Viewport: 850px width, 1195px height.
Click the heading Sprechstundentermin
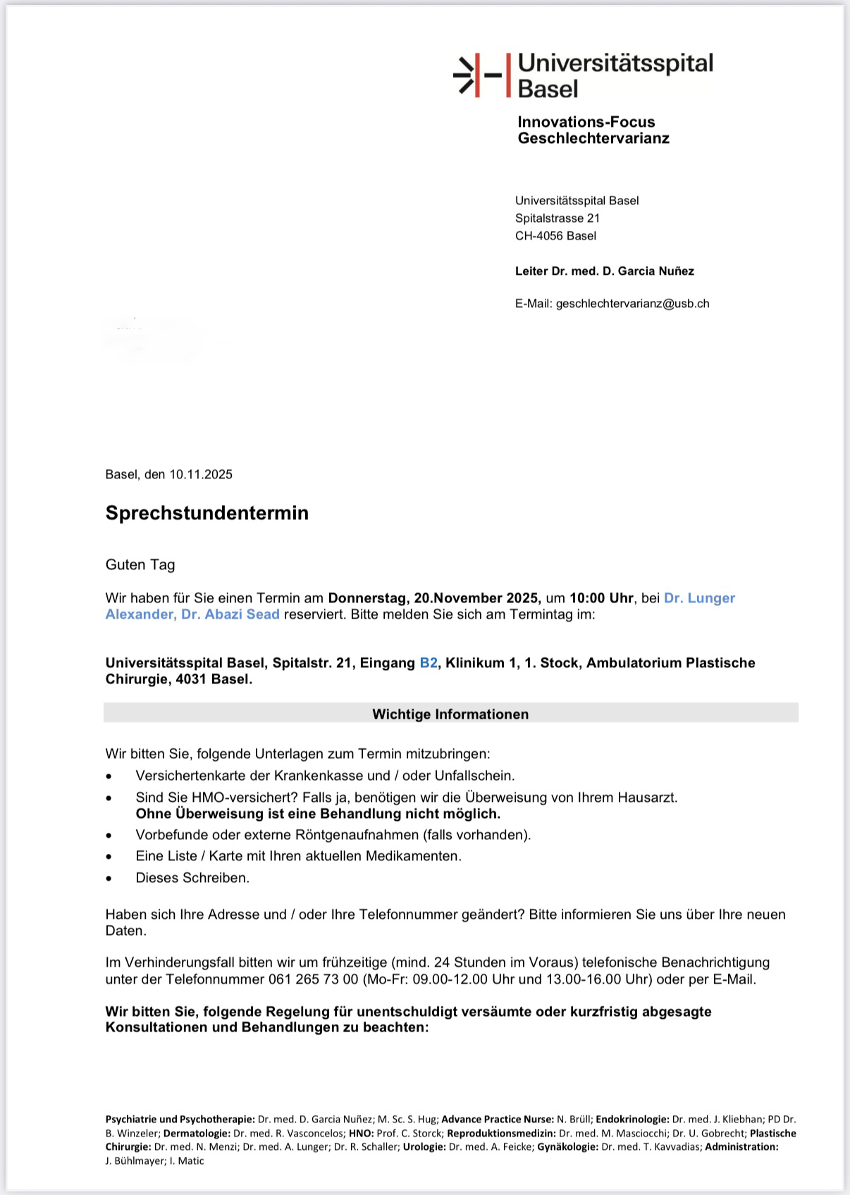click(207, 513)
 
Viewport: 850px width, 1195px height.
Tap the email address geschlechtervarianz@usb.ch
click(632, 304)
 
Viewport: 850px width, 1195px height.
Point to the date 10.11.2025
click(201, 474)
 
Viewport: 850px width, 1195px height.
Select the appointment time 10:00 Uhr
click(601, 598)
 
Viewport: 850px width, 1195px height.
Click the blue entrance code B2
click(429, 663)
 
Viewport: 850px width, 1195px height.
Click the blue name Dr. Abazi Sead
click(230, 614)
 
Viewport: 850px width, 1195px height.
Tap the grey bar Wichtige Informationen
click(450, 714)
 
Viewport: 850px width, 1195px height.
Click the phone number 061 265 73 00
click(313, 979)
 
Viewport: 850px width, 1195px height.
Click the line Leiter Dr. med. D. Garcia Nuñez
click(604, 271)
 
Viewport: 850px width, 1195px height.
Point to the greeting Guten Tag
click(140, 564)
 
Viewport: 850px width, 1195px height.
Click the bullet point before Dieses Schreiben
click(109, 879)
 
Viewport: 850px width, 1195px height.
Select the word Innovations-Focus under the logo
click(586, 122)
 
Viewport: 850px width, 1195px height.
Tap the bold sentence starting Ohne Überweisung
click(318, 814)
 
